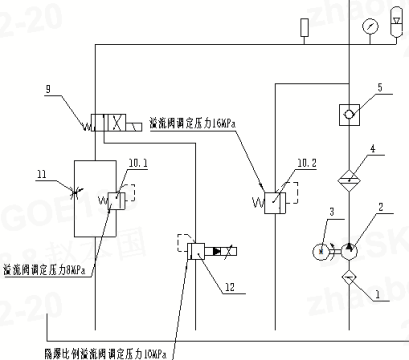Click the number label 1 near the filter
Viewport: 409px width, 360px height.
pos(378,296)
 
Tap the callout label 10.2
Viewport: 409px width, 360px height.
pos(293,162)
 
